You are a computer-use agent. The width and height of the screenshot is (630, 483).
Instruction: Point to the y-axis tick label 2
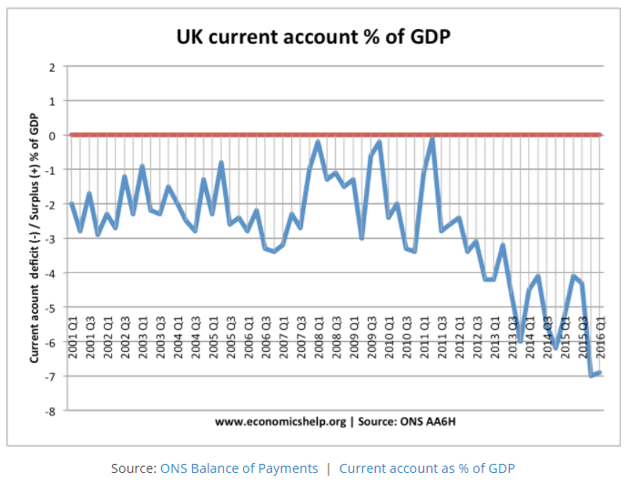click(x=53, y=66)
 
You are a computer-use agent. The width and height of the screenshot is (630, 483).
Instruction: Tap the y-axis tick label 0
click(x=53, y=136)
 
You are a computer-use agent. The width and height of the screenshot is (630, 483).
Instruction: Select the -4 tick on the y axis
click(x=51, y=273)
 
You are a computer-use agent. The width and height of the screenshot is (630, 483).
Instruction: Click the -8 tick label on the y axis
click(x=51, y=411)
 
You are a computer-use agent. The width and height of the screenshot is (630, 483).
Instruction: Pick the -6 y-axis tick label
click(x=51, y=342)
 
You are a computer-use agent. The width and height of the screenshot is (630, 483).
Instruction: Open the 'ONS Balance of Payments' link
click(x=239, y=468)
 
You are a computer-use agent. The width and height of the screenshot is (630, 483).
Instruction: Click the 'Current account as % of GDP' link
click(x=426, y=468)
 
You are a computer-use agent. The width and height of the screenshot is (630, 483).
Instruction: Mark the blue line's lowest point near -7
click(x=591, y=376)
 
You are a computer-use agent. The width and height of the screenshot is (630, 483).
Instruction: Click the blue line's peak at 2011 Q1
click(x=432, y=138)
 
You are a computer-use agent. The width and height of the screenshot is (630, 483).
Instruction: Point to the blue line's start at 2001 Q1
click(x=72, y=204)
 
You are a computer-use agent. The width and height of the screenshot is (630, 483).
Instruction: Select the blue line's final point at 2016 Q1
click(x=599, y=373)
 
